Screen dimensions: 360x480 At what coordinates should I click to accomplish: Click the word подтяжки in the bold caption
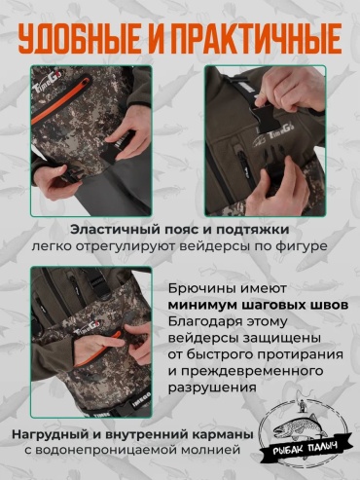pos(252,231)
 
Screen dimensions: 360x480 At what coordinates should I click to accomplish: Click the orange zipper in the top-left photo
pos(59,98)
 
